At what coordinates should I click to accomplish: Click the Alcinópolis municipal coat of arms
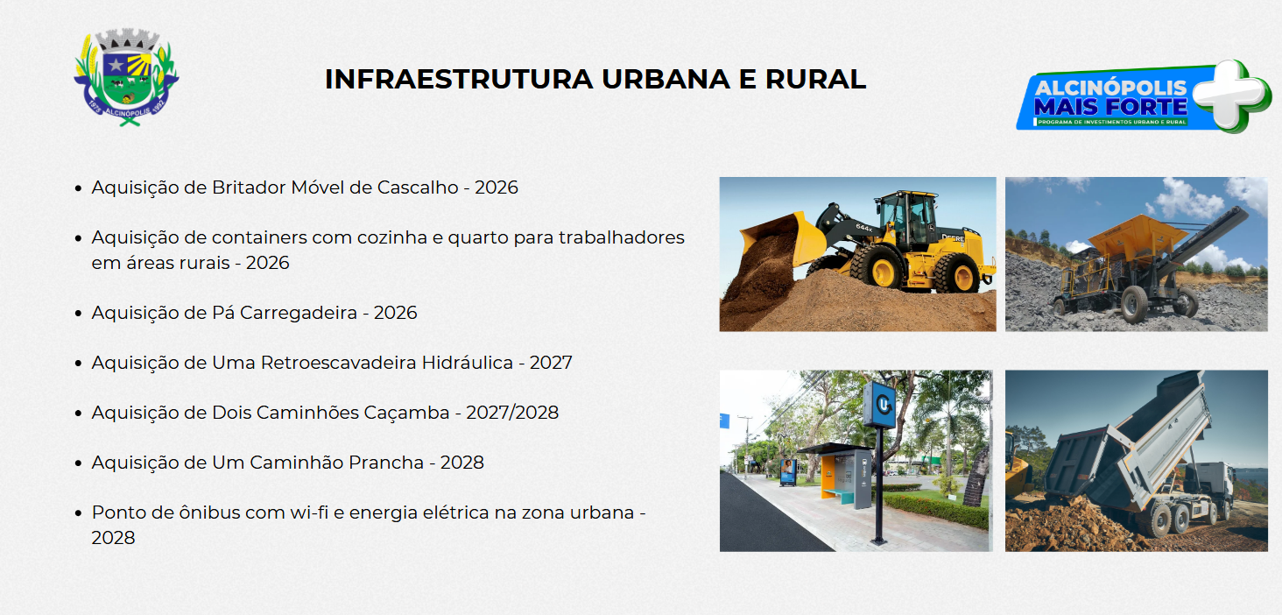(x=126, y=77)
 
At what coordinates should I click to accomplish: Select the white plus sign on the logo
(x=1231, y=95)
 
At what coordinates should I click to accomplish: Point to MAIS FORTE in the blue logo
(x=1110, y=107)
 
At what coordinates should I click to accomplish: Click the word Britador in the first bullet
(x=249, y=187)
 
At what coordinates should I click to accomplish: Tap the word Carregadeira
(x=299, y=313)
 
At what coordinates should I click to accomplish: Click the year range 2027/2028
(x=512, y=413)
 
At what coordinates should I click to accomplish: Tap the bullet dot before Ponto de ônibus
(x=79, y=512)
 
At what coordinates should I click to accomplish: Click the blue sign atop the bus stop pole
(x=879, y=404)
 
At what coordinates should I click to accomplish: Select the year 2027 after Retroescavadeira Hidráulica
(x=551, y=363)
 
